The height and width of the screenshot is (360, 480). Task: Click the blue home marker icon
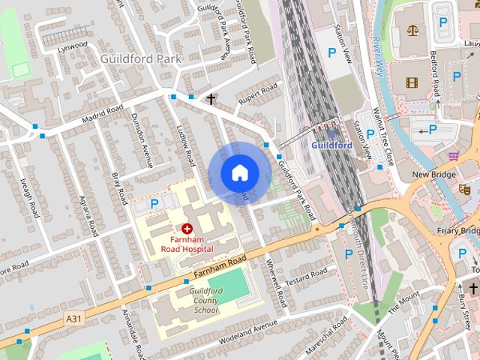pyautogui.click(x=239, y=172)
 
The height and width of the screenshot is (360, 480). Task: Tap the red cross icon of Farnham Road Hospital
pyautogui.click(x=186, y=226)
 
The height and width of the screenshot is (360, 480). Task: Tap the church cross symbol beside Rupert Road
pyautogui.click(x=211, y=98)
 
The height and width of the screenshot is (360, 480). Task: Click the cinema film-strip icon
pyautogui.click(x=410, y=82)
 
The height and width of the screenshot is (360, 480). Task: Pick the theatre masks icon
pyautogui.click(x=465, y=190)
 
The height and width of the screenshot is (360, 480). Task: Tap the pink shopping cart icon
pyautogui.click(x=454, y=156)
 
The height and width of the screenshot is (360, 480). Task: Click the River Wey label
pyautogui.click(x=378, y=56)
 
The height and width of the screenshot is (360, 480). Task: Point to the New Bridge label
pyautogui.click(x=433, y=174)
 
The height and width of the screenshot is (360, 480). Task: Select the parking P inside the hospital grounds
pyautogui.click(x=154, y=203)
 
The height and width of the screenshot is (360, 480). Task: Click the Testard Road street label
pyautogui.click(x=306, y=275)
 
